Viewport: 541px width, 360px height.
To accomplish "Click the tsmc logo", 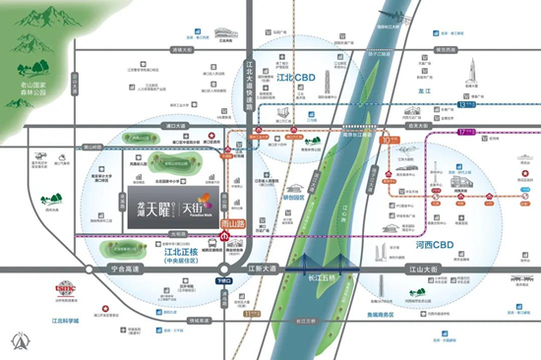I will click(65, 288).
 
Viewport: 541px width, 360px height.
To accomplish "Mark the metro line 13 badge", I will click(463, 102).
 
